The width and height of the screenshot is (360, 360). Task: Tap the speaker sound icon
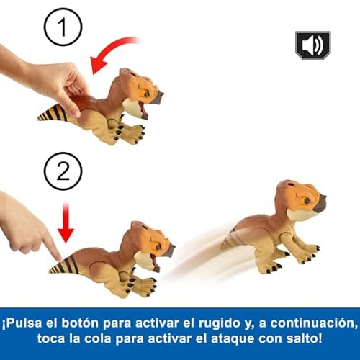click(x=312, y=45)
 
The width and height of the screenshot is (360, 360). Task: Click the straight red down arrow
click(x=66, y=224)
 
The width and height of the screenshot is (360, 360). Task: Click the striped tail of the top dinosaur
click(x=55, y=113)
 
